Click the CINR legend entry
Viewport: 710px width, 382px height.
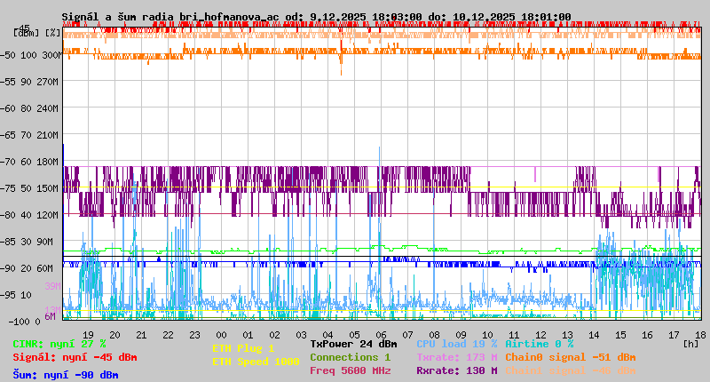(x=59, y=344)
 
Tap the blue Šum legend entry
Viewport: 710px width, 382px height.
(x=65, y=375)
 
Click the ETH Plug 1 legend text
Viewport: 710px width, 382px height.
(x=243, y=348)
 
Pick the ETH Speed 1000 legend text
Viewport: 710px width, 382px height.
(x=256, y=362)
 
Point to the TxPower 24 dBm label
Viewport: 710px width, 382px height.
(x=353, y=344)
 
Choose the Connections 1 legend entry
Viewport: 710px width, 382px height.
(x=350, y=357)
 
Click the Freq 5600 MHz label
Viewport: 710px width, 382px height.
(x=350, y=370)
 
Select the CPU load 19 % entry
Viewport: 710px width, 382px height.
(x=457, y=344)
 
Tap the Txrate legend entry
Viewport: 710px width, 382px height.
(x=457, y=357)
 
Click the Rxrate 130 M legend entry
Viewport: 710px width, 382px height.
(x=457, y=370)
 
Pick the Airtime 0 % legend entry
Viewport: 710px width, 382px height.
(x=539, y=344)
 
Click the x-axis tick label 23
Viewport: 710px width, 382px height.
(x=194, y=335)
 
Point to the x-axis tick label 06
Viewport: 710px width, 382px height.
(x=381, y=335)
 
